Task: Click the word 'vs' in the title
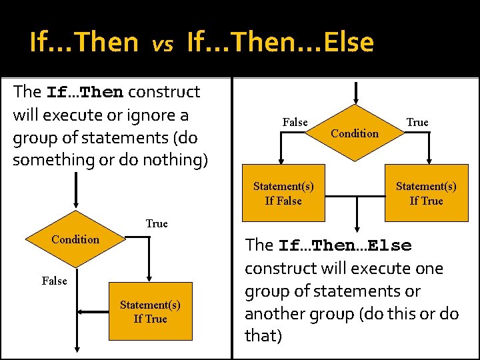[162, 45]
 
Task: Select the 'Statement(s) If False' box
[283, 194]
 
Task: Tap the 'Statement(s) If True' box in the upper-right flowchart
[426, 194]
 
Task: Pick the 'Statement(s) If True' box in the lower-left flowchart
[150, 312]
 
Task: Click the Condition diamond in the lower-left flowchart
[75, 239]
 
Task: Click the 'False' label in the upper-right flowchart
[295, 123]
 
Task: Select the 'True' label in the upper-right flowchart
[417, 123]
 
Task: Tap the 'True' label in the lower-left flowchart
[157, 224]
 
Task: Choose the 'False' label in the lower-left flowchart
[54, 281]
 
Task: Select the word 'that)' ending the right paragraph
[263, 336]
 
